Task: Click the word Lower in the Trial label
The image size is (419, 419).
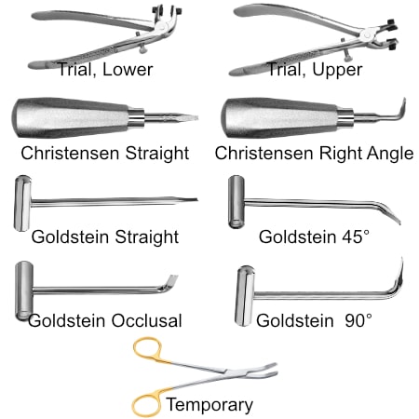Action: (128, 69)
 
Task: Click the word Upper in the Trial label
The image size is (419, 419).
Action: (337, 70)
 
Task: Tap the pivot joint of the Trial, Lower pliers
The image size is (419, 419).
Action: (161, 29)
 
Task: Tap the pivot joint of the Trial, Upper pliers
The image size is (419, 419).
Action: (367, 34)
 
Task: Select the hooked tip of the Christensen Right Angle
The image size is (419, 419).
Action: (402, 109)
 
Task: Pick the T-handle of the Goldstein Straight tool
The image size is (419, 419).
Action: (22, 203)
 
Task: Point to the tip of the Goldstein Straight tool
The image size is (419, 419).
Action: (196, 199)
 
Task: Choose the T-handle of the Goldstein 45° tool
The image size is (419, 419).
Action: (237, 202)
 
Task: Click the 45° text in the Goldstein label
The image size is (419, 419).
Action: (353, 237)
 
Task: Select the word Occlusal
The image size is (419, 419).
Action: (146, 320)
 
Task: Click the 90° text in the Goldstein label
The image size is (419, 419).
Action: (358, 320)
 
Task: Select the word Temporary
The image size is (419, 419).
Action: (209, 405)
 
